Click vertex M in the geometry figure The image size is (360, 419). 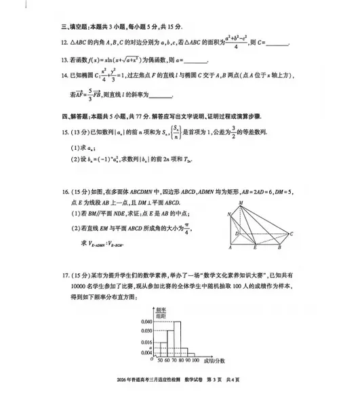click(241, 203)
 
